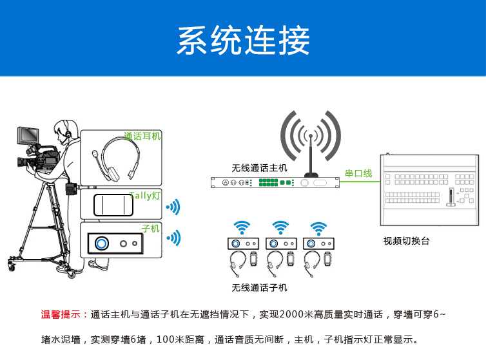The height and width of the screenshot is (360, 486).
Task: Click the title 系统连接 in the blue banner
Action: [243, 41]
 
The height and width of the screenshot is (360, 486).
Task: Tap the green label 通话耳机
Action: [142, 137]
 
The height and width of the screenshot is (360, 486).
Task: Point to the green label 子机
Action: [150, 228]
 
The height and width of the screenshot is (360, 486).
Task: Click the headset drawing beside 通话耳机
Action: [116, 160]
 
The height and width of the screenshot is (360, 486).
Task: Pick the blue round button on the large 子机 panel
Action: [101, 243]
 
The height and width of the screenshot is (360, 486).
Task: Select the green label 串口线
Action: [358, 173]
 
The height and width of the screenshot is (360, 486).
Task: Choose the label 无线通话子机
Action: [260, 288]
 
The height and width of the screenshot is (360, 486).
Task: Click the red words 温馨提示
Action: [64, 315]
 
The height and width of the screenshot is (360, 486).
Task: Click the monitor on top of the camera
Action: [30, 136]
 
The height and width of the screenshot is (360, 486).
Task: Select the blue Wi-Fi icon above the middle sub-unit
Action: [280, 227]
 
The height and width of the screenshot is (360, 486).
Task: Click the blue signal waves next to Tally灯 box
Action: [173, 207]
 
